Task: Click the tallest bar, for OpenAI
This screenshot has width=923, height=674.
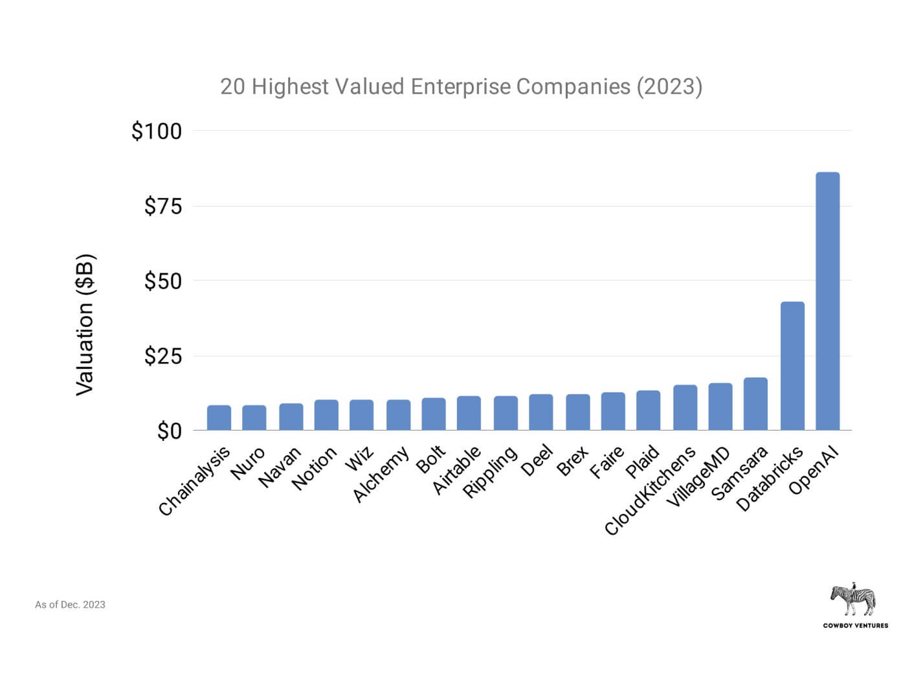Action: click(827, 301)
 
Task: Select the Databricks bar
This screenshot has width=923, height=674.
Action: click(792, 366)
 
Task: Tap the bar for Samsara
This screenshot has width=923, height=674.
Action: click(755, 404)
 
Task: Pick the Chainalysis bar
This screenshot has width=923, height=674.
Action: click(219, 418)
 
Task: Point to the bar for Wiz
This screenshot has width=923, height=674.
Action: click(361, 415)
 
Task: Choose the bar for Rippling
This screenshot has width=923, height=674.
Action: click(505, 413)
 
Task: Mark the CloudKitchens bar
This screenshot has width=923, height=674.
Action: click(685, 408)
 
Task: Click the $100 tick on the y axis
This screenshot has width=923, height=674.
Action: click(157, 131)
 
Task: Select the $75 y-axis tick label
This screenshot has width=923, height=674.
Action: click(163, 207)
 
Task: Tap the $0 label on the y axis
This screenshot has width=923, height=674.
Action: click(170, 431)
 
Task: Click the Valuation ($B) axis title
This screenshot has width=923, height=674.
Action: click(85, 324)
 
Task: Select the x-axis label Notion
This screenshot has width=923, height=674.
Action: click(315, 469)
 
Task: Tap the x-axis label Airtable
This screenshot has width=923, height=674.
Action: click(457, 471)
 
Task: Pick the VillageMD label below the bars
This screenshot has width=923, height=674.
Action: click(698, 478)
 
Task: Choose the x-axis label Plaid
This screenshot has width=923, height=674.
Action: click(643, 462)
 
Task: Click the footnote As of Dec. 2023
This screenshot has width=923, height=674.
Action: click(70, 605)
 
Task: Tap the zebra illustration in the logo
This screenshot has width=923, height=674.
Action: click(853, 600)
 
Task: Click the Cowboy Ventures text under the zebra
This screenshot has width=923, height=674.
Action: click(855, 625)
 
